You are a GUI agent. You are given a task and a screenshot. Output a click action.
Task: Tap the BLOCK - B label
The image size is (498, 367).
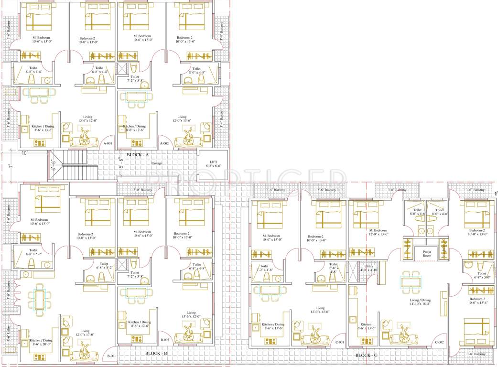pyautogui.click(x=155, y=354)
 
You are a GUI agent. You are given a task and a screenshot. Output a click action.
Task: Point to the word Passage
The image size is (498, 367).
pyautogui.click(x=157, y=163)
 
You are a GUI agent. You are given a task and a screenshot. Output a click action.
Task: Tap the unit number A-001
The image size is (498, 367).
pyautogui.click(x=107, y=143)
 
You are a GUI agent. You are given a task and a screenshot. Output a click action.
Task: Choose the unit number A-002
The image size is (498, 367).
pyautogui.click(x=164, y=143)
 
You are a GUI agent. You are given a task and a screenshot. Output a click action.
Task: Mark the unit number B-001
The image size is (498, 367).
pyautogui.click(x=111, y=356)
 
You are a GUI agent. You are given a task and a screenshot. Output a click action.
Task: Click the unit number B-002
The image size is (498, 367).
pyautogui.click(x=164, y=340)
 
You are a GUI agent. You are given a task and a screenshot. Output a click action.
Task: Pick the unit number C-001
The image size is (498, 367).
pyautogui.click(x=340, y=342)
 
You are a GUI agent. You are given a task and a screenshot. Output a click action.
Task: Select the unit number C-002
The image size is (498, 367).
pyautogui.click(x=439, y=342)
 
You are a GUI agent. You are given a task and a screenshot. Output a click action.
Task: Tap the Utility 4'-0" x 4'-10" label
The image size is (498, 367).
pyautogui.click(x=368, y=268)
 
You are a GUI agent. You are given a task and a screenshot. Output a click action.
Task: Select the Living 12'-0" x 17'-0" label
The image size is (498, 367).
pyautogui.click(x=85, y=333)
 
